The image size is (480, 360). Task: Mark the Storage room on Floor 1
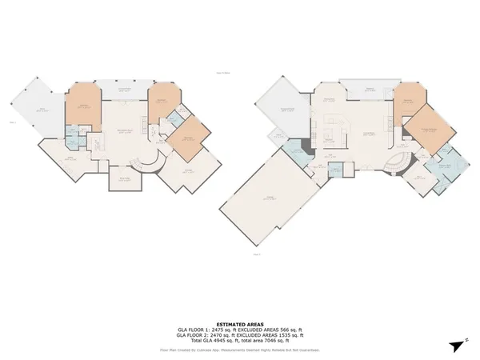(124, 179)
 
